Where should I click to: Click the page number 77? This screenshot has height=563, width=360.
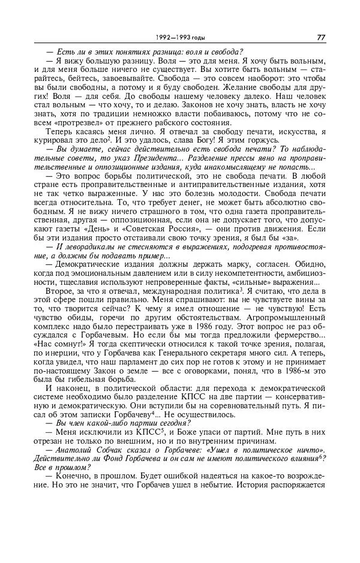pyautogui.click(x=321, y=37)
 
